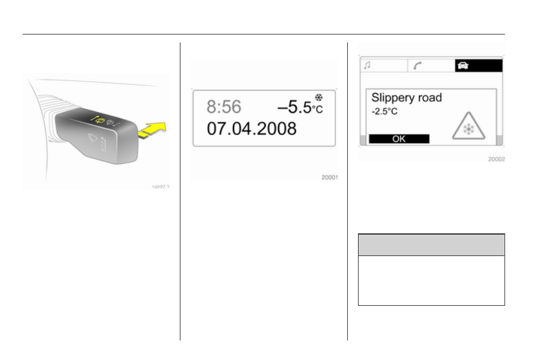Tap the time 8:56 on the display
pyautogui.click(x=224, y=107)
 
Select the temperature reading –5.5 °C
pyautogui.click(x=300, y=107)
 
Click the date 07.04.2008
pyautogui.click(x=252, y=129)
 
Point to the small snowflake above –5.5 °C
pyautogui.click(x=319, y=98)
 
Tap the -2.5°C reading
pyautogui.click(x=384, y=112)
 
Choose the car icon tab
pyautogui.click(x=478, y=66)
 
